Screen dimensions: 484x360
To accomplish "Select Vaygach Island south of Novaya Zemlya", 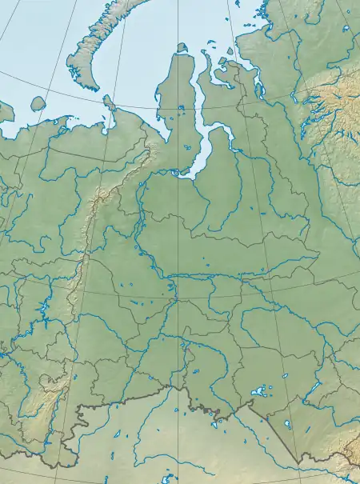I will point(109,102).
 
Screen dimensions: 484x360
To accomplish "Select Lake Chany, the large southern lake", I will point(258,392).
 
